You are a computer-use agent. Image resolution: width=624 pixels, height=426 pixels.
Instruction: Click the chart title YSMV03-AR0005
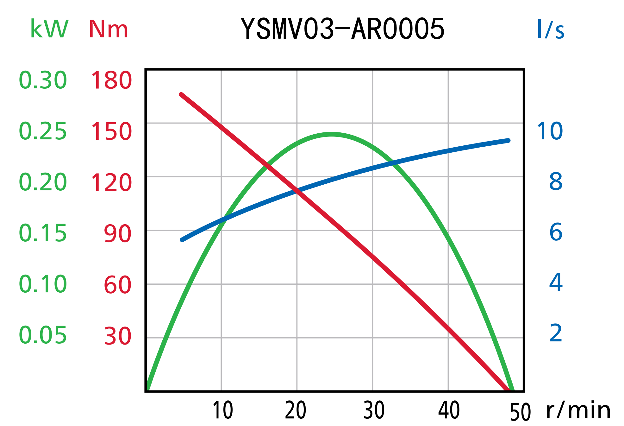click(342, 29)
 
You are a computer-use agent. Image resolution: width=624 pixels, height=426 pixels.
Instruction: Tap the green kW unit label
click(49, 29)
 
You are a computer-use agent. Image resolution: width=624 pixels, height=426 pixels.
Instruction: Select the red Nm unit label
click(108, 29)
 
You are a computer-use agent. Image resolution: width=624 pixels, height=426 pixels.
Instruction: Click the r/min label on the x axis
click(578, 410)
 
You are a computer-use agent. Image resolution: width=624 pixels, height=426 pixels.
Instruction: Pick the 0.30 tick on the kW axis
click(43, 80)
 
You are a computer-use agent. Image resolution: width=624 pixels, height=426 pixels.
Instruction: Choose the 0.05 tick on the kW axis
click(43, 335)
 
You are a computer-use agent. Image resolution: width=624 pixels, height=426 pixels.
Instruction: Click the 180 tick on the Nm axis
click(111, 80)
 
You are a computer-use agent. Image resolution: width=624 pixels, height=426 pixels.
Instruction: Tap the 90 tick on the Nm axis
click(117, 234)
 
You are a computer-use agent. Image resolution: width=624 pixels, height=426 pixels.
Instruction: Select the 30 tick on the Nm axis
click(117, 336)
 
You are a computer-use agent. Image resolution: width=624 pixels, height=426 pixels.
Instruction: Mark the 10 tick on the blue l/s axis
click(550, 131)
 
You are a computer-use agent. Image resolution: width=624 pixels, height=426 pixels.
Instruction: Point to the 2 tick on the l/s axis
click(556, 333)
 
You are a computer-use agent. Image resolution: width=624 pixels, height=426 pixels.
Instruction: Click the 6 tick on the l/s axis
click(556, 232)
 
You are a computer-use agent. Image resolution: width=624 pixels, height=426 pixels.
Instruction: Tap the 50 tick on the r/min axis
click(520, 412)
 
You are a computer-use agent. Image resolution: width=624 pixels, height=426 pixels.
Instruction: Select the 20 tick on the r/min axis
click(296, 410)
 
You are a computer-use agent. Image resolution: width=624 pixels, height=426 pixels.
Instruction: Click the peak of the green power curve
click(331, 134)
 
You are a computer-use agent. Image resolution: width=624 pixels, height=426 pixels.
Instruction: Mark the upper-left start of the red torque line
click(181, 94)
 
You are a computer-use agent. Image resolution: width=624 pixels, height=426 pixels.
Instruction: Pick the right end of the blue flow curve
click(509, 141)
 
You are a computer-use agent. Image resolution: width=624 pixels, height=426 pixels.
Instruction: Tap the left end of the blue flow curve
click(182, 240)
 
